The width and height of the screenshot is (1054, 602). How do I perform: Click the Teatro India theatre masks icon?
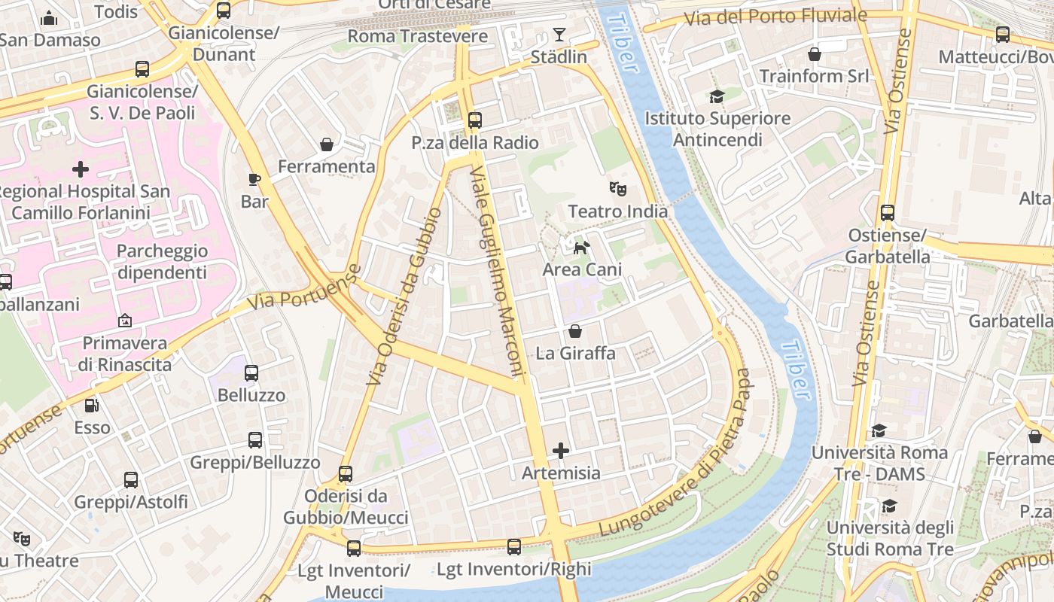point(618,188)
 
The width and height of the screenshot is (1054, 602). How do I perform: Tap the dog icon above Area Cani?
point(581,248)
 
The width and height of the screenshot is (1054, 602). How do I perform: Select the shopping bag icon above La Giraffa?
point(575,330)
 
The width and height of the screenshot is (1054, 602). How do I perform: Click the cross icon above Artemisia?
point(561,451)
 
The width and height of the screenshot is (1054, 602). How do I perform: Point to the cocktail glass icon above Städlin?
point(559,34)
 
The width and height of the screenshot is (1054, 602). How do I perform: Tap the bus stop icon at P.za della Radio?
point(474,120)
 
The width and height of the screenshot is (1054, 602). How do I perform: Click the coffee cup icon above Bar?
point(254,179)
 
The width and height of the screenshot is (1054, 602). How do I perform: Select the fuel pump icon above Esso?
point(92,405)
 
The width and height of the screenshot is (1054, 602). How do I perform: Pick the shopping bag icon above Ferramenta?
point(327,144)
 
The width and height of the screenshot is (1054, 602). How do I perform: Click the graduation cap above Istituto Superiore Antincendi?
point(717,96)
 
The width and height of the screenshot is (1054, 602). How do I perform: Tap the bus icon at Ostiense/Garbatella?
point(888,213)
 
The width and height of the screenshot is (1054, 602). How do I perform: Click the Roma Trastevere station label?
point(417,36)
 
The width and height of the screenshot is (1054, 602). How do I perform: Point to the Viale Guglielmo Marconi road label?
point(496,271)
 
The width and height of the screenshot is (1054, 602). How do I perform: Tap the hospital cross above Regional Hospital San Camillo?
point(81,169)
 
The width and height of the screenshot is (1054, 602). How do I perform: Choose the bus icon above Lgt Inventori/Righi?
point(514,547)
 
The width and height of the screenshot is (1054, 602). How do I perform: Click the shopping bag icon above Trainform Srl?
point(814,54)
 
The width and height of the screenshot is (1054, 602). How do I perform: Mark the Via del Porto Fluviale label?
point(775,17)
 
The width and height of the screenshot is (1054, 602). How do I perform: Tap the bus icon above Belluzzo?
point(251,372)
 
